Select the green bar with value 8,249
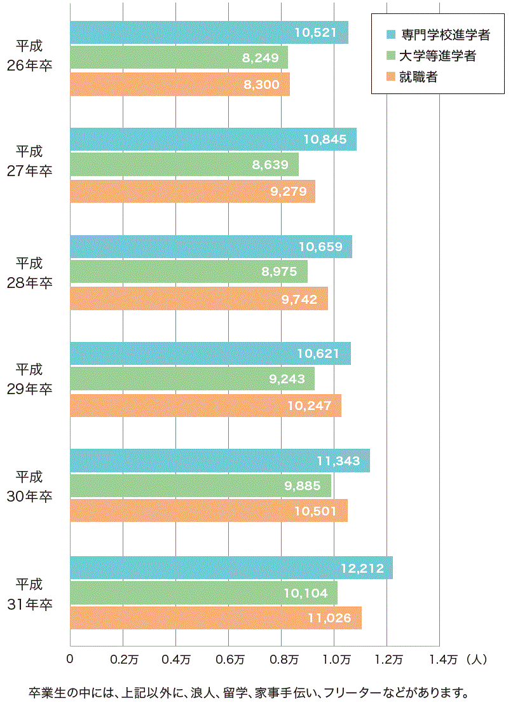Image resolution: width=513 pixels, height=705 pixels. tap(179, 58)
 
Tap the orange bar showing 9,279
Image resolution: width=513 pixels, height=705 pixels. tap(192, 191)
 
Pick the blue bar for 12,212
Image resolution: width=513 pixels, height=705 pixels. tap(231, 568)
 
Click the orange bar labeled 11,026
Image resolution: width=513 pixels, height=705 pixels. tap(215, 618)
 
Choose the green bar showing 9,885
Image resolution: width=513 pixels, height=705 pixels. tap(200, 486)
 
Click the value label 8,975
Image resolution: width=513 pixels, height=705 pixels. tap(280, 272)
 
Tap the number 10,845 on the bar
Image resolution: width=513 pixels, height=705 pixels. tap(325, 139)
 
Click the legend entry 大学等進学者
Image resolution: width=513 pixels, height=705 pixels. tap(438, 56)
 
